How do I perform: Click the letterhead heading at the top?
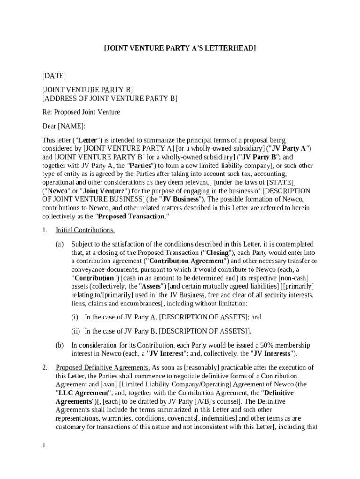click(180, 48)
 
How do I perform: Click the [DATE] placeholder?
click(54, 76)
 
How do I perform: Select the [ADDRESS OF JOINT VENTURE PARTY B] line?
click(110, 98)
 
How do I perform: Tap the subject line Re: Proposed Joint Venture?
click(81, 112)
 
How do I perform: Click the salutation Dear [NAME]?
click(64, 126)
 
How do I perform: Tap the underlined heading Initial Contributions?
click(85, 230)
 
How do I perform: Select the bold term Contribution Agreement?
click(186, 261)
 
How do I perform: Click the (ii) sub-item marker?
click(76, 331)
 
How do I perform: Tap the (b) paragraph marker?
click(59, 345)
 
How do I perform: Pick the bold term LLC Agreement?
click(84, 393)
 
